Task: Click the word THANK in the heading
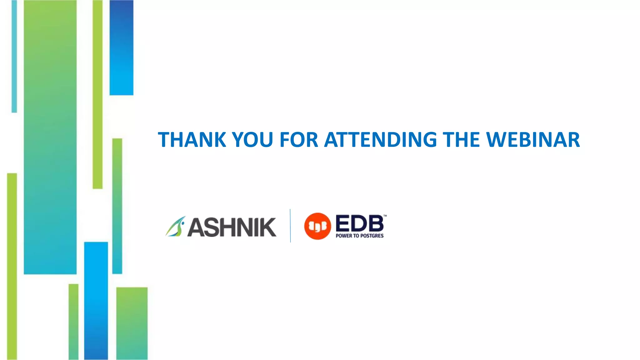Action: pyautogui.click(x=192, y=140)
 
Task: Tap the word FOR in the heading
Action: pyautogui.click(x=298, y=140)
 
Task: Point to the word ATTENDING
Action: pyautogui.click(x=380, y=140)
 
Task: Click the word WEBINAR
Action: pyautogui.click(x=533, y=140)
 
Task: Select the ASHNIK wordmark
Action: pyautogui.click(x=232, y=227)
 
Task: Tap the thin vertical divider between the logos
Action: pyautogui.click(x=290, y=226)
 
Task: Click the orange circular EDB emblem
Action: pyautogui.click(x=317, y=226)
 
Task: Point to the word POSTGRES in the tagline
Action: pyautogui.click(x=372, y=236)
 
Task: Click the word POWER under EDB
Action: pyautogui.click(x=344, y=236)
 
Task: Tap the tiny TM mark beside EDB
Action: pyautogui.click(x=385, y=216)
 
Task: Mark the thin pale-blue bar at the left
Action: pyautogui.click(x=14, y=56)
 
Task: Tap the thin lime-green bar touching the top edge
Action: pyautogui.click(x=97, y=94)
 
